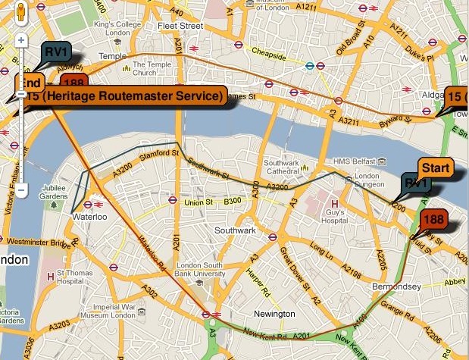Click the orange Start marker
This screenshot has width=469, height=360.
[x=436, y=167]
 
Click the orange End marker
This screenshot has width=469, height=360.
[x=30, y=83]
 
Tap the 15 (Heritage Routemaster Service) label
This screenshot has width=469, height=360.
[x=126, y=96]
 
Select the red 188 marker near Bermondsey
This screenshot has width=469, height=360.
[x=433, y=221]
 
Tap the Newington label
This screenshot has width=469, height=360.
[x=274, y=314]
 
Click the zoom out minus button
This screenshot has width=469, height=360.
[x=22, y=187]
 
